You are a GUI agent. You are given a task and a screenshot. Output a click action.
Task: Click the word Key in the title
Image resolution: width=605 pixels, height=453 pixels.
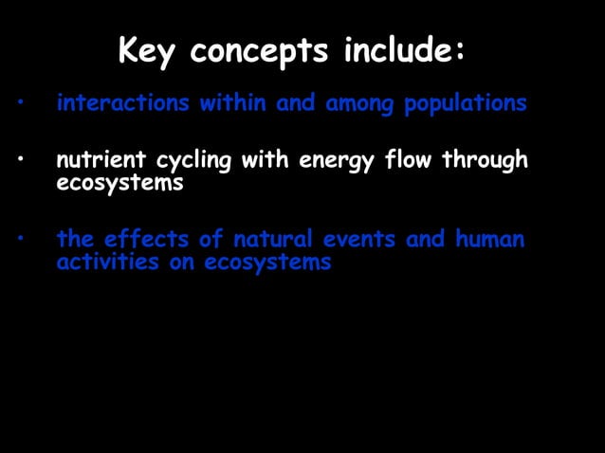pos(148,51)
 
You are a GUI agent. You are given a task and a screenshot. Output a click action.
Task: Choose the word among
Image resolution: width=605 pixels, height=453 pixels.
pos(360,104)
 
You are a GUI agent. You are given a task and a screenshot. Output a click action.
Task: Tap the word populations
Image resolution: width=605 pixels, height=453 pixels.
pos(465,104)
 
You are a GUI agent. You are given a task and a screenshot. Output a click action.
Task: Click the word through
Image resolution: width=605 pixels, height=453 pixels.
pos(485,162)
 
